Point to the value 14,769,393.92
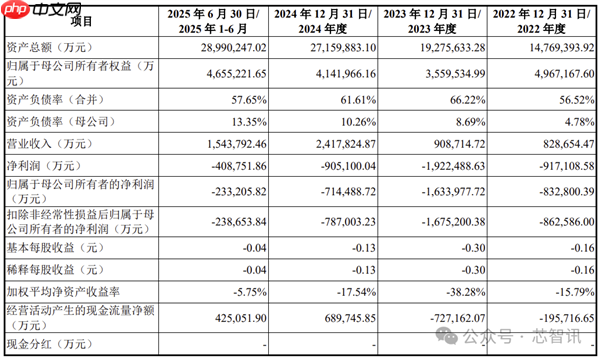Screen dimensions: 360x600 point(548,46)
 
